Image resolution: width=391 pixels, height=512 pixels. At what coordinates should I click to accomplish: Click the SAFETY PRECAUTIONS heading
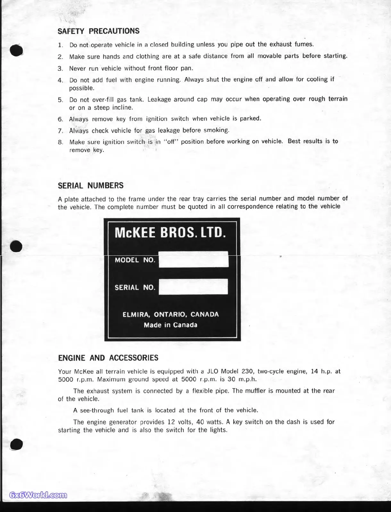[x=98, y=31]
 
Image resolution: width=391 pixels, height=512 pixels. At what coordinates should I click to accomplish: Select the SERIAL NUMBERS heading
[x=90, y=185]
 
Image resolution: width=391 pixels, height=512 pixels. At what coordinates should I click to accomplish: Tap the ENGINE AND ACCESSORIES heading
[x=108, y=358]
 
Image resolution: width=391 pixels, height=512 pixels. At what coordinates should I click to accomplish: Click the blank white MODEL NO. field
[x=193, y=260]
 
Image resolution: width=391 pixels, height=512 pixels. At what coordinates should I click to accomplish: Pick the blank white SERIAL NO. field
[x=193, y=287]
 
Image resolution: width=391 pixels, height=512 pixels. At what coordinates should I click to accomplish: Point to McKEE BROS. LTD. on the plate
[x=170, y=233]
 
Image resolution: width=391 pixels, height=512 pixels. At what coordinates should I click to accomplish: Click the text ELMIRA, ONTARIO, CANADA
[x=171, y=314]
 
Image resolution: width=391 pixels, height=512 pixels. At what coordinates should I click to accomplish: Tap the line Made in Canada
[x=171, y=325]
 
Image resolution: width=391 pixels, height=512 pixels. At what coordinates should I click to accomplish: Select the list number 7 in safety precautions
[x=60, y=131]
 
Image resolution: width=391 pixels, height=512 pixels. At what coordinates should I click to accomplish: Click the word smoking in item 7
[x=216, y=130]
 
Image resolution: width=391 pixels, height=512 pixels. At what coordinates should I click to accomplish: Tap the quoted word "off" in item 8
[x=171, y=142]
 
